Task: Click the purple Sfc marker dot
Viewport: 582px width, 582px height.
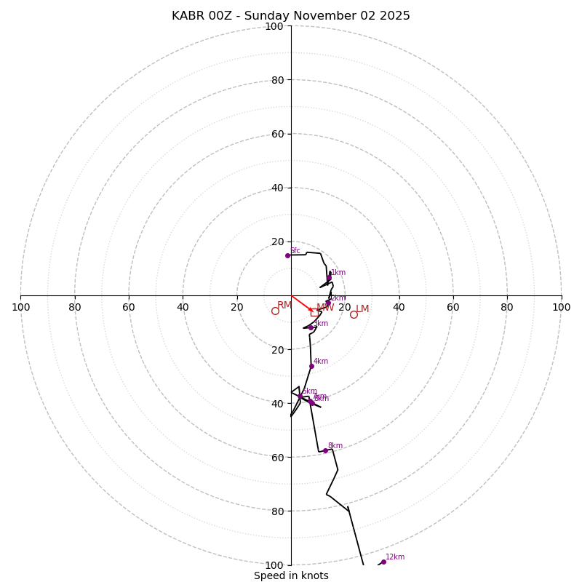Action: [x=287, y=255]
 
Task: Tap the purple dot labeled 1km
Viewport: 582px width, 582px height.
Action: [x=329, y=278]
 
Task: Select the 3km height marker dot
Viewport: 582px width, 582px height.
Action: [x=311, y=327]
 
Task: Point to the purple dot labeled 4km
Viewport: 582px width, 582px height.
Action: [x=311, y=366]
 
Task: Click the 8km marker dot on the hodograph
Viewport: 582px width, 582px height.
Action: [x=325, y=451]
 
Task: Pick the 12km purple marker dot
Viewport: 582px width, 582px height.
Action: [x=383, y=562]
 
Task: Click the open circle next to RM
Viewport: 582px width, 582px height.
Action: [x=275, y=311]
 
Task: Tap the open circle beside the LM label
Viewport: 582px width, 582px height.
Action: [x=354, y=314]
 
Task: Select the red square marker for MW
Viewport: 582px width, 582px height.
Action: [x=314, y=312]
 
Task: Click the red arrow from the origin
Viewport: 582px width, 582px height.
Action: [x=302, y=303]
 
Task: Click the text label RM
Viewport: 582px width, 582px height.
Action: [x=284, y=305]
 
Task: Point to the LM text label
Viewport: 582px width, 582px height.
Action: [x=362, y=309]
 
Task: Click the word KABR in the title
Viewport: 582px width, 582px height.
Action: [x=187, y=16]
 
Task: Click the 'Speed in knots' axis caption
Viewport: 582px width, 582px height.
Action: [x=291, y=575]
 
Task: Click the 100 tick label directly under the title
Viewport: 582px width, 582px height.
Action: [x=274, y=26]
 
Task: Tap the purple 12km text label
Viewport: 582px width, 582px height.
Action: [x=395, y=557]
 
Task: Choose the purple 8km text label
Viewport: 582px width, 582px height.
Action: [x=335, y=446]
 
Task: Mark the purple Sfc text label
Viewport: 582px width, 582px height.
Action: [x=295, y=251]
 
